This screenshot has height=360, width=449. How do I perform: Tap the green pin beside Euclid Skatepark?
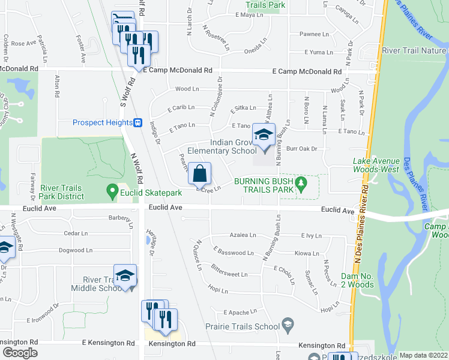click(112, 193)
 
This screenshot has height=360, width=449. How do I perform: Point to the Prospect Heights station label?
click(102, 122)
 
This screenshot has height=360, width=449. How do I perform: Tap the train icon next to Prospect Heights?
click(137, 122)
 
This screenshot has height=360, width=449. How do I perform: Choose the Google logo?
click(19, 353)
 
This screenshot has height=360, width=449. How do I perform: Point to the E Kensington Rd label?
click(109, 343)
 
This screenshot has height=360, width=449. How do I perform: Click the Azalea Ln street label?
click(243, 235)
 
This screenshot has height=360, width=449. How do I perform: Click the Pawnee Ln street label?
click(313, 34)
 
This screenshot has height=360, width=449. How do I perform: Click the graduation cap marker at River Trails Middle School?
click(125, 277)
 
